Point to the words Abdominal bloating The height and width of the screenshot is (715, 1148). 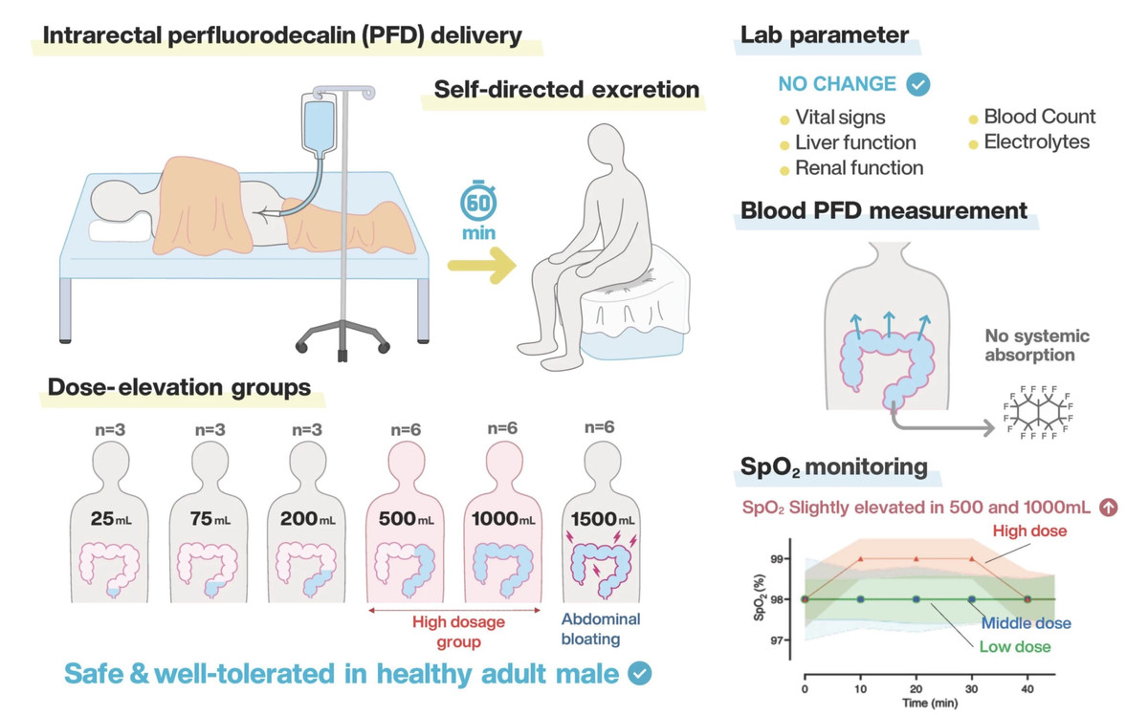pyautogui.click(x=601, y=629)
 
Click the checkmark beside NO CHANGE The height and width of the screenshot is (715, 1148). pyautogui.click(x=918, y=84)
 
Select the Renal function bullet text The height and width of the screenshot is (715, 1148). pyautogui.click(x=859, y=168)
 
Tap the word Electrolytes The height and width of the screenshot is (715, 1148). pyautogui.click(x=1037, y=142)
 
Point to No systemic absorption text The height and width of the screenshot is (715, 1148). pyautogui.click(x=1037, y=346)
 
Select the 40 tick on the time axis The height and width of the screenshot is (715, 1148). pyautogui.click(x=1027, y=687)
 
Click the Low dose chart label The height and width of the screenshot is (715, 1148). pyautogui.click(x=1014, y=647)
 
